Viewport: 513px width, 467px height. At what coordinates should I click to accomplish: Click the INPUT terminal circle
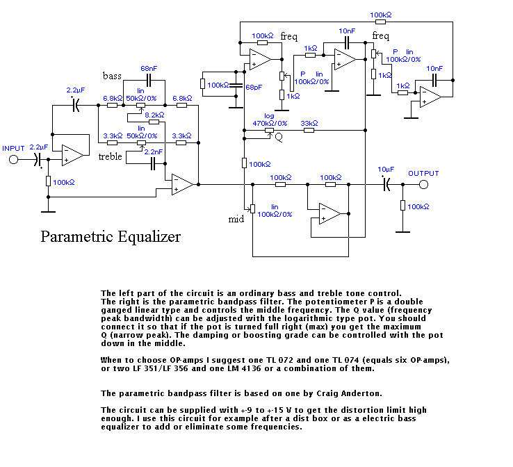tap(13, 159)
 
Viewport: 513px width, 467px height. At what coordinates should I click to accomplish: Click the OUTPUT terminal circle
tap(423, 184)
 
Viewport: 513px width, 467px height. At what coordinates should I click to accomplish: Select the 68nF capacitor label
tap(149, 69)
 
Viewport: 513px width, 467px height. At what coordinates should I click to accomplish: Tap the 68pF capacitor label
tap(255, 88)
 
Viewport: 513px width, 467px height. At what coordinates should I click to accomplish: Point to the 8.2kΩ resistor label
tap(154, 115)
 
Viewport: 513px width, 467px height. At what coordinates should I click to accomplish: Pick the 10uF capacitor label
tap(386, 170)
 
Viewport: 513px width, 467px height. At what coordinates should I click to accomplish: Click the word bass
tap(113, 75)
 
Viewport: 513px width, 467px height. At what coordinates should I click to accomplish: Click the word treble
tap(111, 156)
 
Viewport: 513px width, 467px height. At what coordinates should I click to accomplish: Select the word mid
tap(236, 220)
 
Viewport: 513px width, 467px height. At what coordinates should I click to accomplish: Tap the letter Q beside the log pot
tap(279, 138)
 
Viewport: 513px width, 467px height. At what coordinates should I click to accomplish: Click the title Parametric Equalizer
tap(111, 237)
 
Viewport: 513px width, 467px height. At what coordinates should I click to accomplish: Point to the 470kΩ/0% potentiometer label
tap(271, 123)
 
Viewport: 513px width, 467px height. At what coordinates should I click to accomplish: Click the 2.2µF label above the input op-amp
tap(76, 90)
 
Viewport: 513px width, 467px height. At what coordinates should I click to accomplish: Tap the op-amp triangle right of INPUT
tap(72, 155)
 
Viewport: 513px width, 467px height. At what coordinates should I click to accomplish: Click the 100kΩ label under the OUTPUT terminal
tap(418, 206)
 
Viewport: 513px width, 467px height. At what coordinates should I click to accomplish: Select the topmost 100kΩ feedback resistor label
tap(380, 15)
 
